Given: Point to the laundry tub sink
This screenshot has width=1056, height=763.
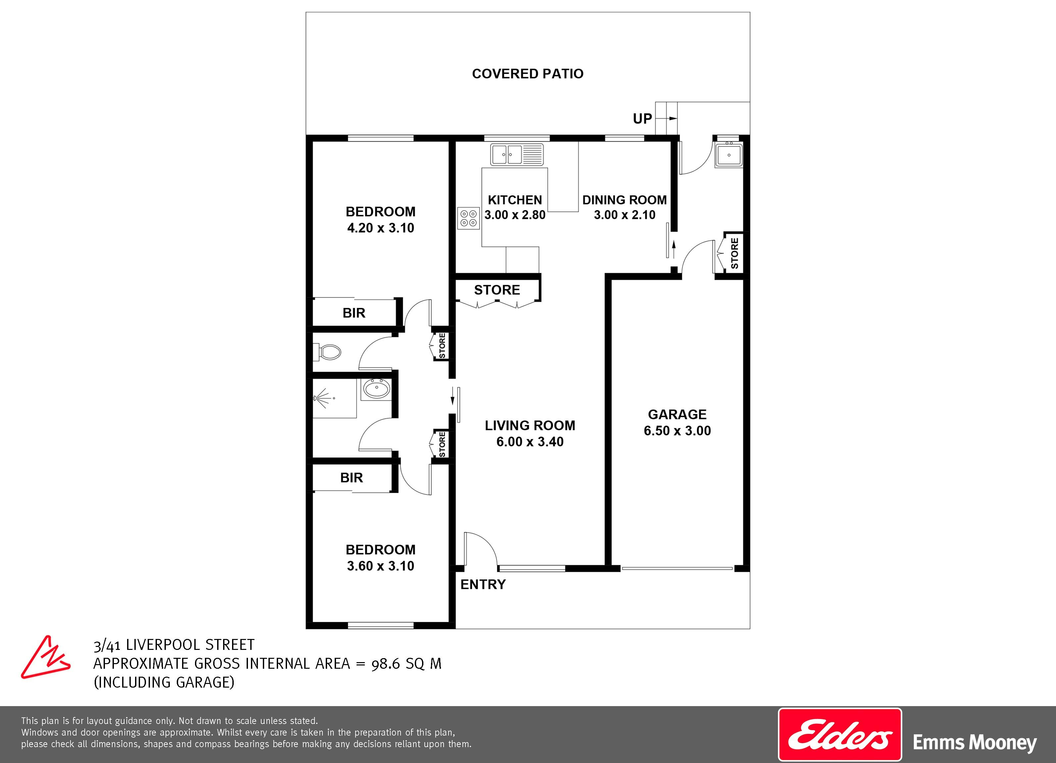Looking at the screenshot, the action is point(729,154).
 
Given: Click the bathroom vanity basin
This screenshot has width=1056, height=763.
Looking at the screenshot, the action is point(377,389).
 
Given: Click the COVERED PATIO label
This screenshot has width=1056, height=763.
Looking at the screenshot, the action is point(528,73).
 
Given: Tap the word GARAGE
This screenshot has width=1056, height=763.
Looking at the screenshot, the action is point(677,414).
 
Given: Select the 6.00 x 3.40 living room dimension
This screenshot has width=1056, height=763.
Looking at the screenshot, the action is point(530,442).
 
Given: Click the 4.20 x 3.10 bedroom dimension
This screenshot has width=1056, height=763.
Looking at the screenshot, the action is point(380,228).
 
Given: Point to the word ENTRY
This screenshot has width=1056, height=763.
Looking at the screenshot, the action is point(483,584).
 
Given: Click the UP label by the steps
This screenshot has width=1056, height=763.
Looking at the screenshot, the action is point(642,119).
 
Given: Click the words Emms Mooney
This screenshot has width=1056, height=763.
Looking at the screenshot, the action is point(975,743).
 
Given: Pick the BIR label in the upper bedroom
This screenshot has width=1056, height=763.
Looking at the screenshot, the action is point(354,313).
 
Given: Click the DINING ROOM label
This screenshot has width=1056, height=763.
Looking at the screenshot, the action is point(624,200).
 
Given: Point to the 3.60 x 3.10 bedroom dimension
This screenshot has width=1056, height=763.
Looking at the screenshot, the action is point(380,566).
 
